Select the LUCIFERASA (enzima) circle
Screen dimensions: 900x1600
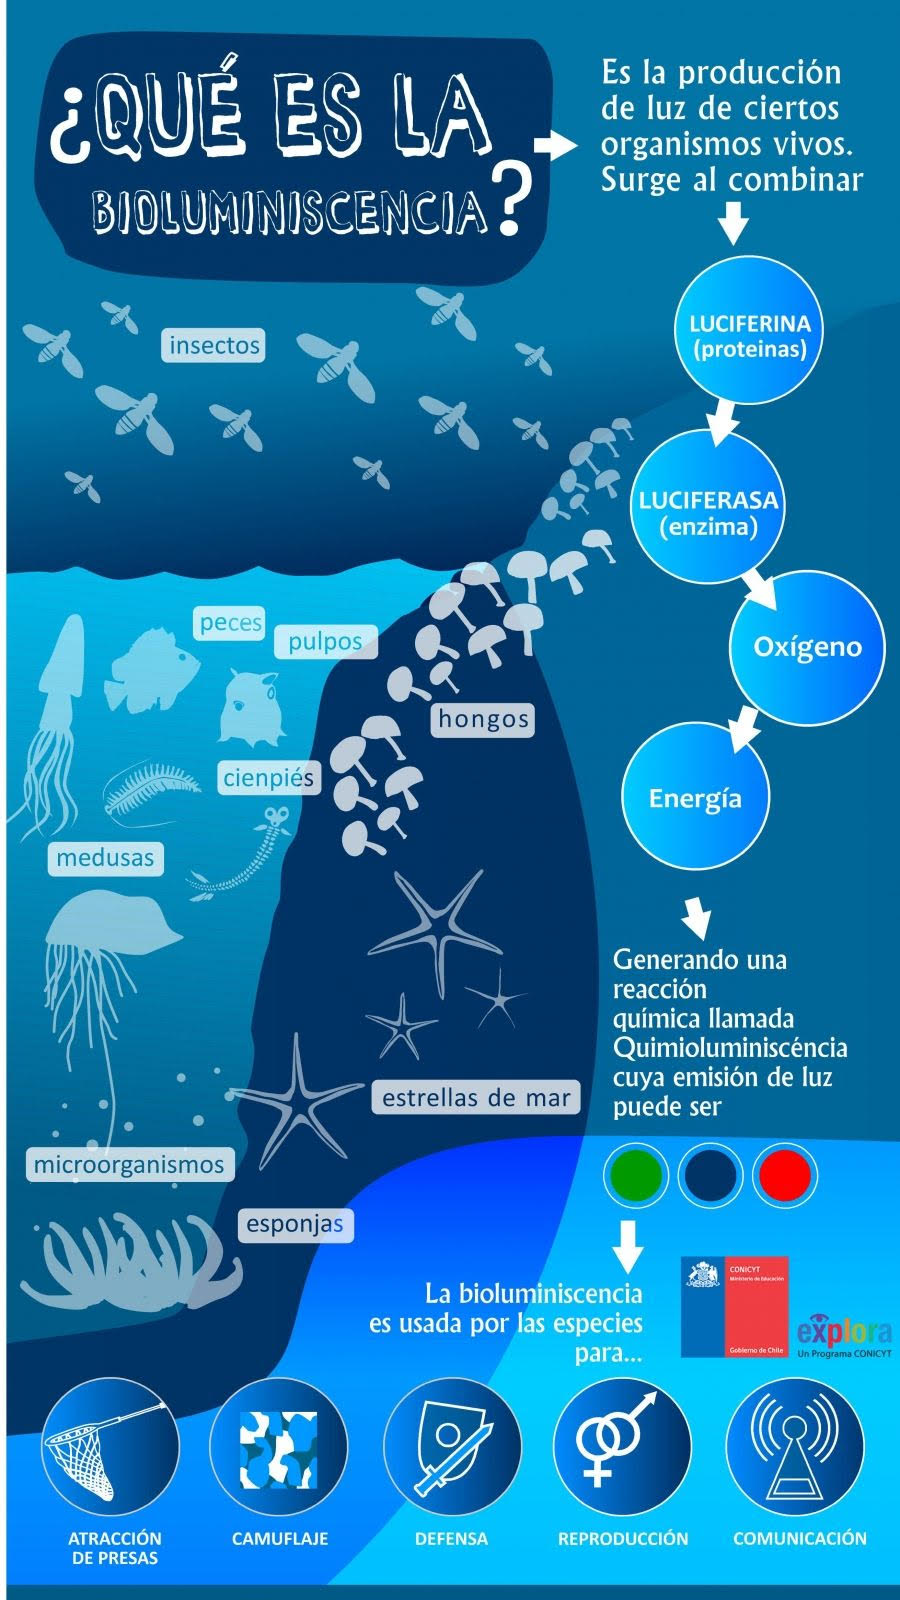coord(708,510)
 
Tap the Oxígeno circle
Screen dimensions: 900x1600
coord(807,647)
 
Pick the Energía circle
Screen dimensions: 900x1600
coord(695,798)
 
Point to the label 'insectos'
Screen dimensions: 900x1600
coord(214,346)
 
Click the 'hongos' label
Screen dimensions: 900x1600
coord(483,719)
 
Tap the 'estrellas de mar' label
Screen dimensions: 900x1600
coord(476,1098)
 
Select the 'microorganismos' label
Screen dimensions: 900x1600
coord(129,1165)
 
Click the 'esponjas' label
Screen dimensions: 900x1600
coord(295,1224)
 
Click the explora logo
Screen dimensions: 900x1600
coord(844,1334)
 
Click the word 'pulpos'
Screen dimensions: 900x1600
coord(326,642)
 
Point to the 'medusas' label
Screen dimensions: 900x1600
coord(105,858)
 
